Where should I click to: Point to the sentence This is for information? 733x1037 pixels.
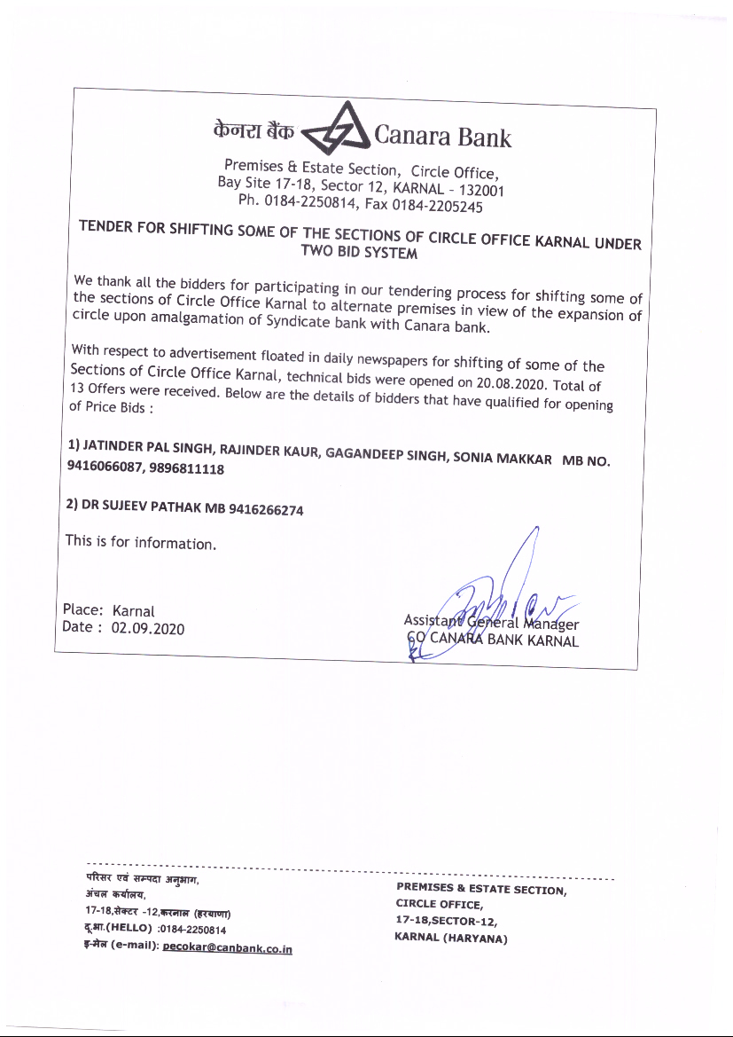coord(140,541)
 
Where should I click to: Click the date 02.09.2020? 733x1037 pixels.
coord(147,629)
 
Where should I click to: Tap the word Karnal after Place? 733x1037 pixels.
coord(134,611)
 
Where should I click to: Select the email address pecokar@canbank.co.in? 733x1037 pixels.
coord(228,948)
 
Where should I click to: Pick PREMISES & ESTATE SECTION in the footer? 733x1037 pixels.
coord(481,888)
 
